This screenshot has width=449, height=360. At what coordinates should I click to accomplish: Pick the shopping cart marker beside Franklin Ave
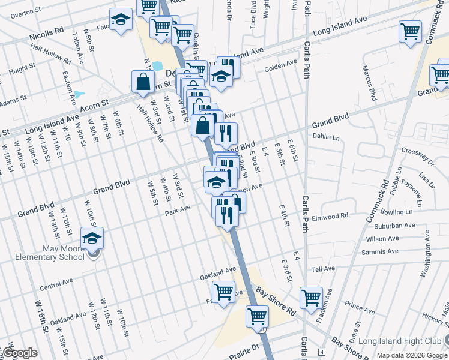[312, 298]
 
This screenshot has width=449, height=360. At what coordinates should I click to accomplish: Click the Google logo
[19, 353]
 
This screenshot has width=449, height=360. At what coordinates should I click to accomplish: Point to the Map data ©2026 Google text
[411, 355]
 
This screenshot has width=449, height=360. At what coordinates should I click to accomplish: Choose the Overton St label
[22, 12]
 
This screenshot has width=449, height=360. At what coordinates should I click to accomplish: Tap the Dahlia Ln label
[327, 136]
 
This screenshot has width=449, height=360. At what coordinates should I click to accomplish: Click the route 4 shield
[322, 351]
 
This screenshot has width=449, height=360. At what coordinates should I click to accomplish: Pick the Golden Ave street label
[282, 64]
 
